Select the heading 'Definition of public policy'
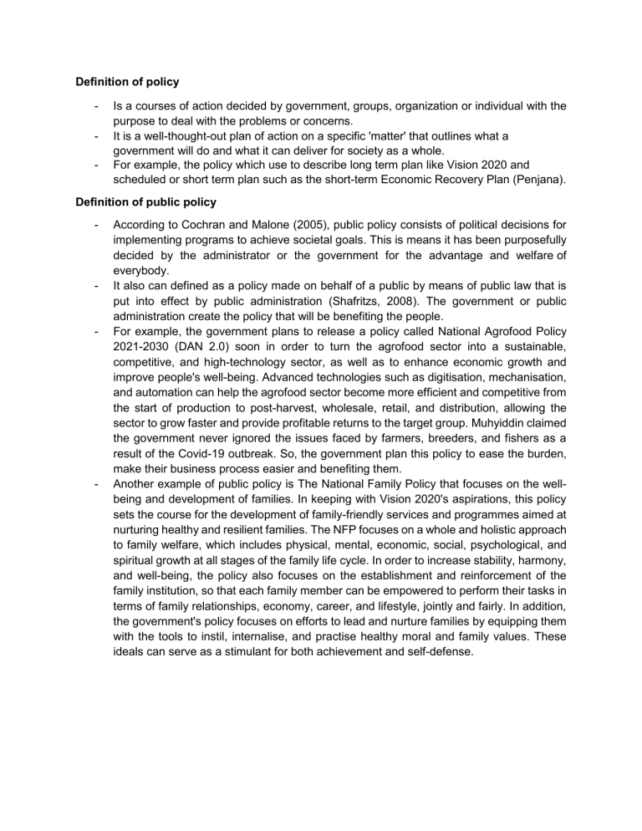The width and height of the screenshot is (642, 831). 146,201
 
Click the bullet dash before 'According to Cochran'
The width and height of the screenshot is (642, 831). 98,225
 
